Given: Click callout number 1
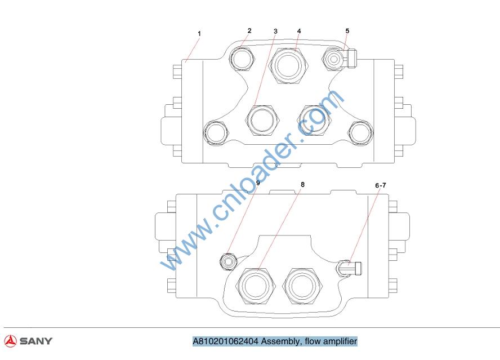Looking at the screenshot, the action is point(199,33).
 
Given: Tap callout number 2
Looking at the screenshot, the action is point(249,30).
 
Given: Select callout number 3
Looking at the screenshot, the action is point(275,32).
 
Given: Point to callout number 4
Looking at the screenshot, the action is point(299,31).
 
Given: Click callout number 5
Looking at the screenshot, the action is point(347,30).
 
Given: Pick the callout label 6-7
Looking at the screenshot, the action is point(381,185).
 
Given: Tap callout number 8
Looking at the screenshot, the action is point(302,184).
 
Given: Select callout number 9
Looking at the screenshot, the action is point(258,183).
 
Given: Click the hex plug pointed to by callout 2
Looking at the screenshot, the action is point(242,59).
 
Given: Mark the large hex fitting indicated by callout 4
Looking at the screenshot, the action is point(289,66).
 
